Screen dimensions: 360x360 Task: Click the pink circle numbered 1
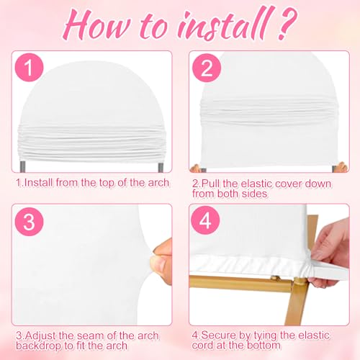point(29,68)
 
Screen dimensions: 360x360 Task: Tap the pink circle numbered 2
point(207,68)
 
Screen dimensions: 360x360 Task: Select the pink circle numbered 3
point(29,222)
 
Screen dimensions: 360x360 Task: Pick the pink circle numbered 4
point(205,220)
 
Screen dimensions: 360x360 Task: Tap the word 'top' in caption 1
point(107,183)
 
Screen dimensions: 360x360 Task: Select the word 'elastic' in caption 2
point(257,184)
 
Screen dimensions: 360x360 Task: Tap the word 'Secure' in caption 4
point(218,336)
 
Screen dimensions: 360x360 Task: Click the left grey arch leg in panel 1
point(23,166)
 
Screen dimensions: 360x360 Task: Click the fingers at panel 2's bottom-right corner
point(342,167)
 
